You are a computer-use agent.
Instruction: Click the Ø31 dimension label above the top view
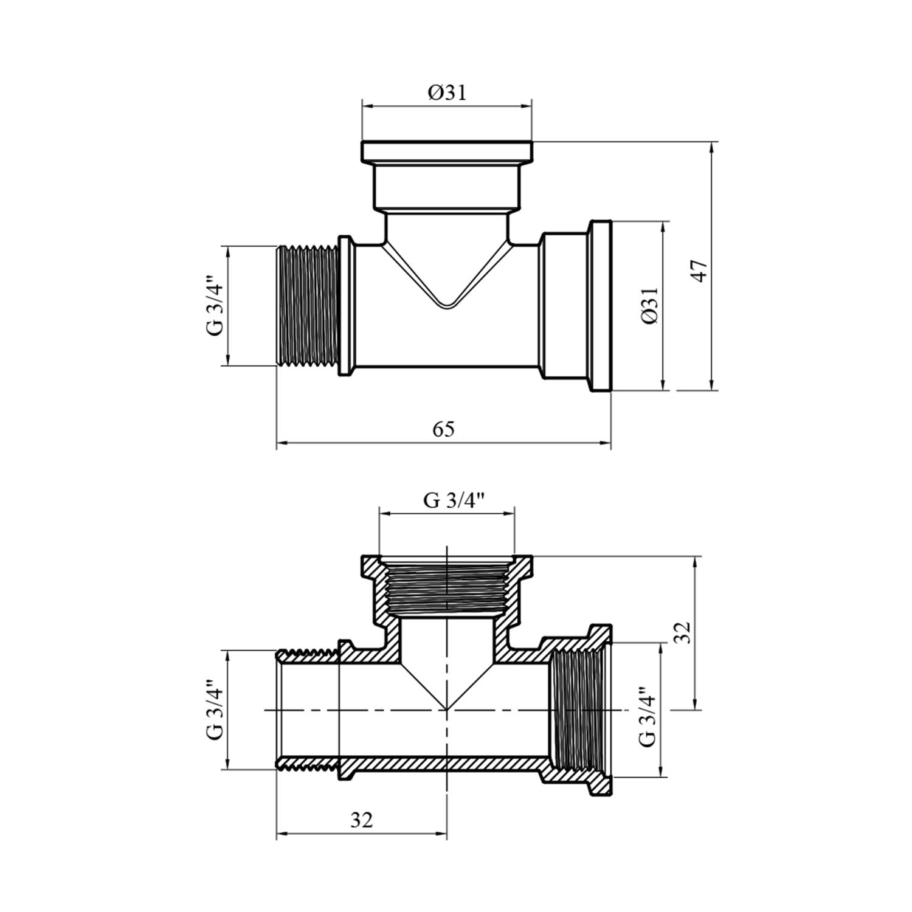coord(446,93)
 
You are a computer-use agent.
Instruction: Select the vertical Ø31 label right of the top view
coord(649,306)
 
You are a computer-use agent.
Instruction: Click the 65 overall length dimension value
coord(443,429)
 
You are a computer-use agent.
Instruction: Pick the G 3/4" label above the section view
coord(454,500)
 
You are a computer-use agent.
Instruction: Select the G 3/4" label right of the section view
coord(647,716)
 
